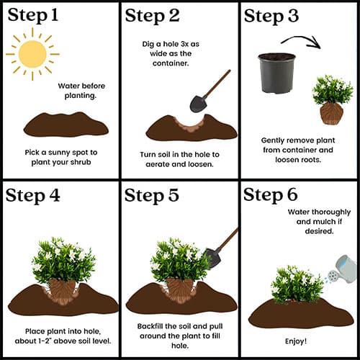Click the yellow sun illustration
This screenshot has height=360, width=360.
(x=32, y=54)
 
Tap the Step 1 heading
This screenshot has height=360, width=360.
(x=33, y=15)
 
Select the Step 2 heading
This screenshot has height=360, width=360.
(x=152, y=16)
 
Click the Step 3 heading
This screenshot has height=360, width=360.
(x=271, y=16)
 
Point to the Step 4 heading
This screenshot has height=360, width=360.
(x=32, y=195)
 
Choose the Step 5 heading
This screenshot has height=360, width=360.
(x=152, y=195)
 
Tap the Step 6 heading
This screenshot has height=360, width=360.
(x=271, y=194)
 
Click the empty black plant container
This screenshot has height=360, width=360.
(x=276, y=73)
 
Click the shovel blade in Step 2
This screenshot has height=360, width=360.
(x=198, y=104)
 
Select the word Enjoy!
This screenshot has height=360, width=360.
(x=296, y=341)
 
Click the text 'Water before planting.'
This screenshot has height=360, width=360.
(x=81, y=91)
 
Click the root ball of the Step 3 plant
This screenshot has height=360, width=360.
(x=331, y=113)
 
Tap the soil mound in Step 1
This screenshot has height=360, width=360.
(x=66, y=125)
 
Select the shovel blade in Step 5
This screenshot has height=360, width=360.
(x=212, y=258)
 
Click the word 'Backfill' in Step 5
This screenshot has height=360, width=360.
(x=150, y=326)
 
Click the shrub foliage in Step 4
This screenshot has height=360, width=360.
(x=63, y=261)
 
